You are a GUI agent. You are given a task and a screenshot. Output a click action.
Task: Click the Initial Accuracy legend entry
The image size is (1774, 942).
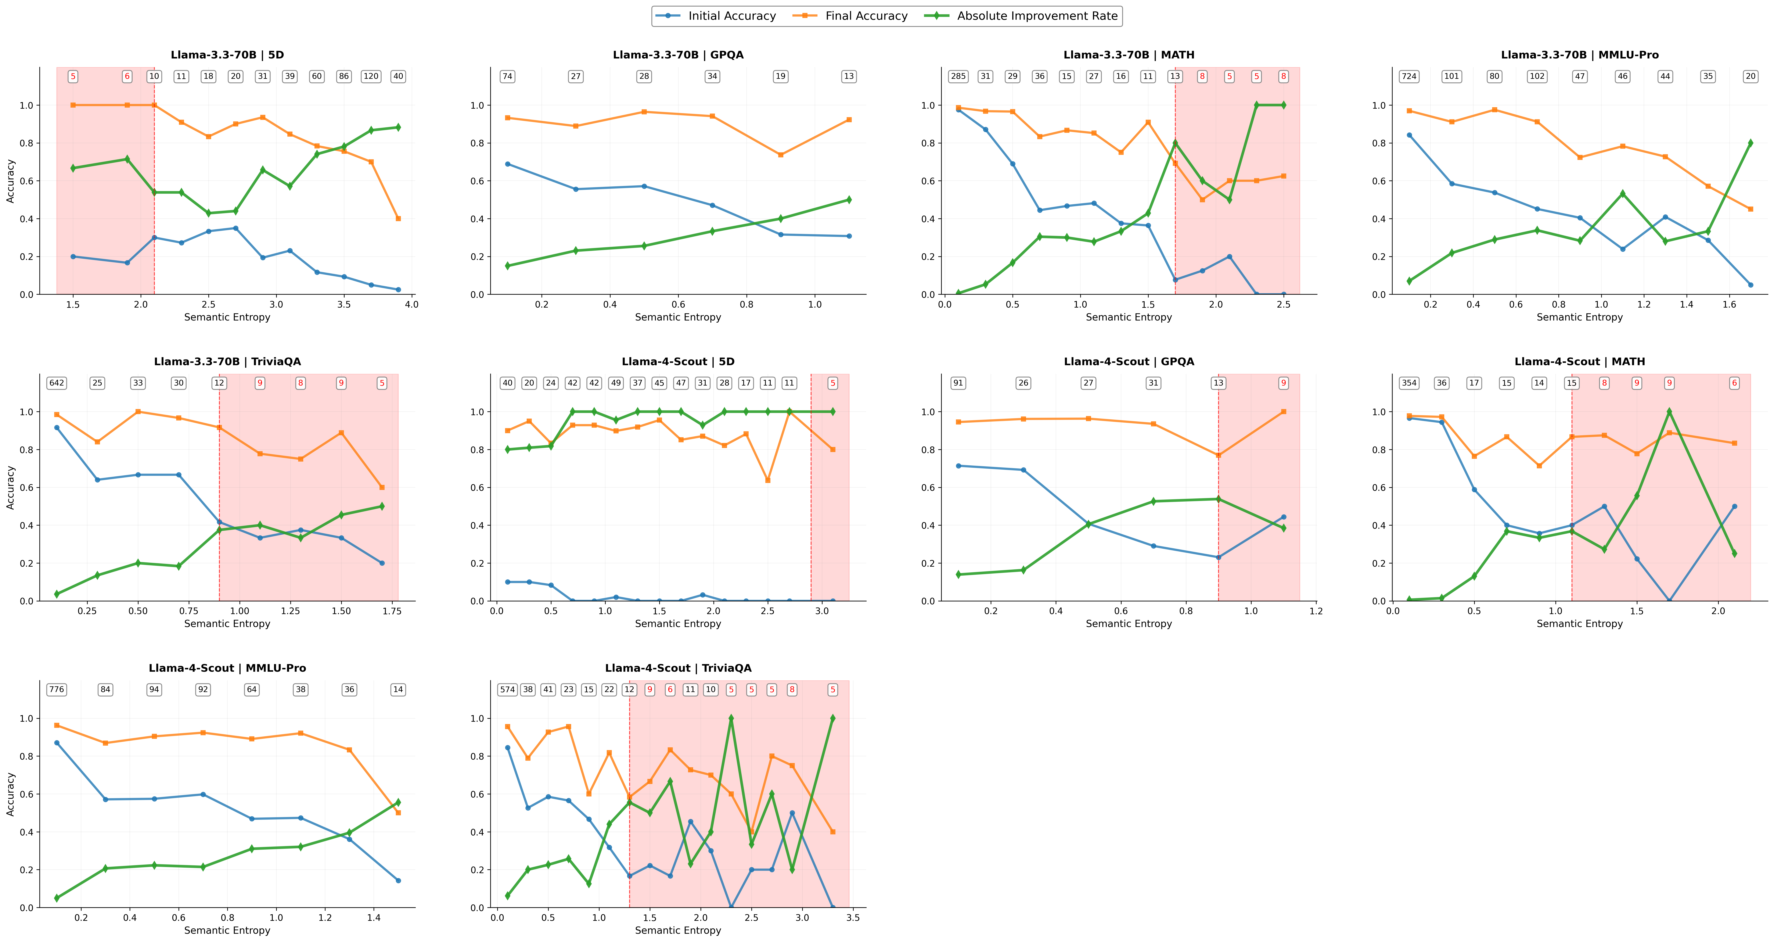click(x=731, y=16)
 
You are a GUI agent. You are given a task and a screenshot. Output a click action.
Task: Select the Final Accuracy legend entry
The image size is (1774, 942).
click(x=866, y=16)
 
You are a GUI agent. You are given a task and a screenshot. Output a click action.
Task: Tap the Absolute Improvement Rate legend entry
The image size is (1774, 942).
click(x=1036, y=16)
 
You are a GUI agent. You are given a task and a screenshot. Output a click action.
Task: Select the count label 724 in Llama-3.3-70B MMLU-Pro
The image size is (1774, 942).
click(x=1409, y=76)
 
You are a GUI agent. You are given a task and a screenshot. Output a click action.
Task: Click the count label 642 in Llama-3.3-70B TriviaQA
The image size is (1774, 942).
click(x=57, y=383)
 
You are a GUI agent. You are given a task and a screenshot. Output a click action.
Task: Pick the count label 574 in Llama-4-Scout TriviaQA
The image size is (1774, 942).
click(x=508, y=690)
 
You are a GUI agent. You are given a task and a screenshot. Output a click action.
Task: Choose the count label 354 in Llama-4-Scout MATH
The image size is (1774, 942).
click(x=1409, y=383)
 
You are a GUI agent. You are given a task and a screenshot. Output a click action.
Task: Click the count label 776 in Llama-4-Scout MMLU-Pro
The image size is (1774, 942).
click(x=57, y=690)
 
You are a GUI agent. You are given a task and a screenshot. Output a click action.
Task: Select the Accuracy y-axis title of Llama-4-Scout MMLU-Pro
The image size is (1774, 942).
click(x=10, y=794)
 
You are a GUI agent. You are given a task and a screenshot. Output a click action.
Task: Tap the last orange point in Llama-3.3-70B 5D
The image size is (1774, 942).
click(x=398, y=218)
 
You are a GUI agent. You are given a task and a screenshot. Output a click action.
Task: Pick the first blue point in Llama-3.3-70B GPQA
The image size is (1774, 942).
click(x=508, y=164)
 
